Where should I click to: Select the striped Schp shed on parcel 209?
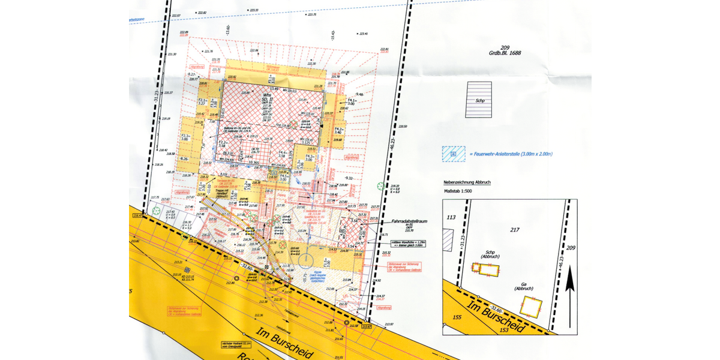(479, 100)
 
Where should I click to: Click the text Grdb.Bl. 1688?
(504, 53)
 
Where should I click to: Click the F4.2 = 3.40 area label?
(339, 130)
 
